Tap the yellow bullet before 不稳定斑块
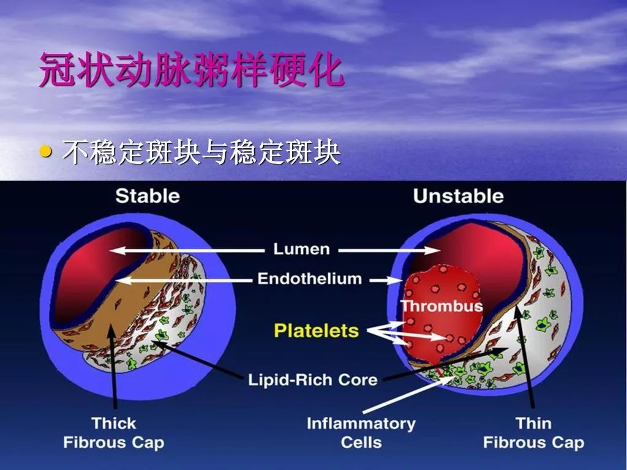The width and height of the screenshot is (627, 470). coord(46,151)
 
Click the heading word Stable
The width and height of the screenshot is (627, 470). coord(148,196)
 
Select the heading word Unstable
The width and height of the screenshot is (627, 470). coord(458,196)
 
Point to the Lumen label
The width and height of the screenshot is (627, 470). coord(301,249)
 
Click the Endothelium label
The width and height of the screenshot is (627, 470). coord(309,279)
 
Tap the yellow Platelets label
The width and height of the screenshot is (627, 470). coord(316,331)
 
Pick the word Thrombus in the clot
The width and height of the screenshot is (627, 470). coord(441,305)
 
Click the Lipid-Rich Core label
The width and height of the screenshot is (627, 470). coord(312,379)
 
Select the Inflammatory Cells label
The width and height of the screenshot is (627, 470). coord(361,432)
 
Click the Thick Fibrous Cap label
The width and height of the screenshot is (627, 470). coord(114,432)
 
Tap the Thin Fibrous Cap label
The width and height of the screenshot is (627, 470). coord(533,432)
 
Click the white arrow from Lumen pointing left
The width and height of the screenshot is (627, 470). coord(184,250)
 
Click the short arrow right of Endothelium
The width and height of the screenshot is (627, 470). coord(385,280)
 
